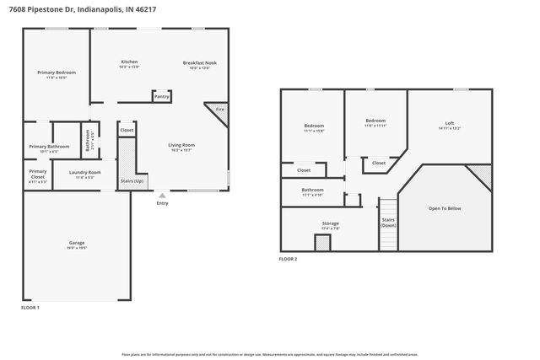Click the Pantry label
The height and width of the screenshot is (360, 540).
161,97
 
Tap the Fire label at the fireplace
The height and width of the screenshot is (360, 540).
219,110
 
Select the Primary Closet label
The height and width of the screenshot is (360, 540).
38,175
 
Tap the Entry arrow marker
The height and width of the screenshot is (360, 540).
161,196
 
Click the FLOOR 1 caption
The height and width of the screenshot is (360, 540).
30,309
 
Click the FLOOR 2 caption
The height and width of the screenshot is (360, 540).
289,259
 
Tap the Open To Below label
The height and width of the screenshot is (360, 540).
444,208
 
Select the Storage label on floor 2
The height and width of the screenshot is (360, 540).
330,225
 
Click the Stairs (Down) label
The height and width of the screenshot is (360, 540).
388,222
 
